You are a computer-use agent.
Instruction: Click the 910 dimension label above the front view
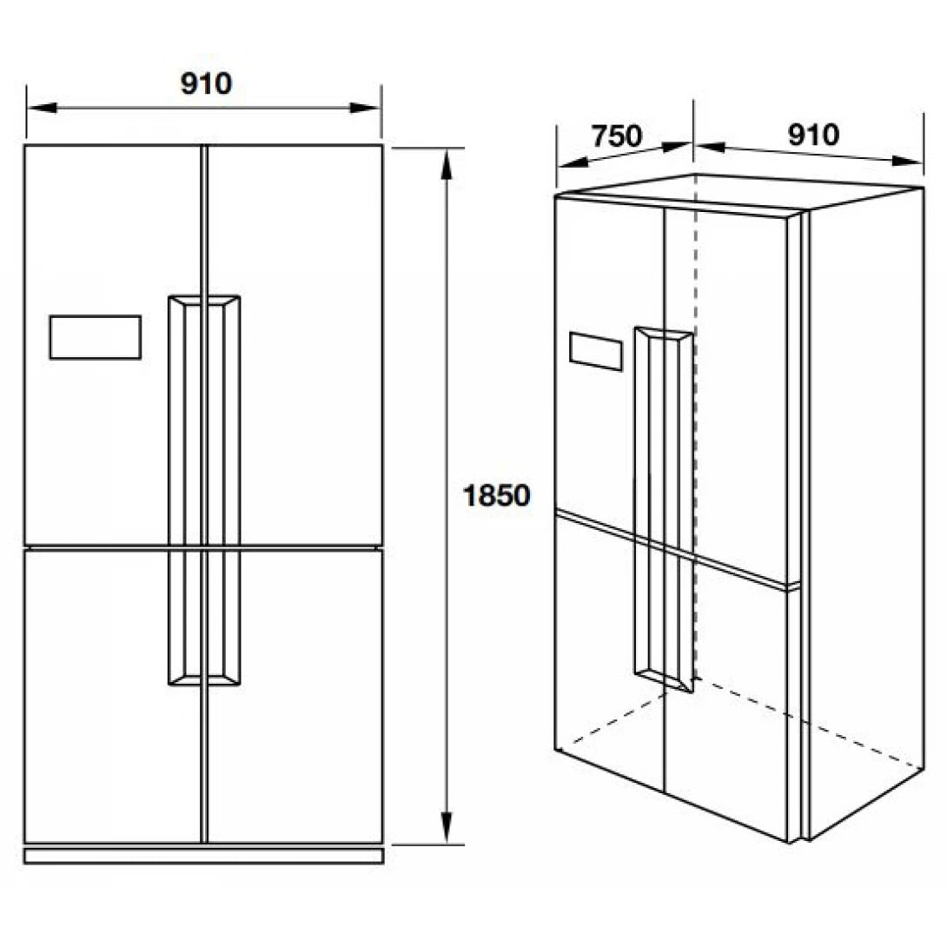(x=206, y=83)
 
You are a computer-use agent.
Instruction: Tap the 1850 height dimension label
(x=496, y=496)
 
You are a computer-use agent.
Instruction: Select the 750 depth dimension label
(x=616, y=136)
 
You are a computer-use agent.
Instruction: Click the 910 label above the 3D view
(x=813, y=135)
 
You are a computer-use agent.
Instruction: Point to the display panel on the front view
(x=95, y=337)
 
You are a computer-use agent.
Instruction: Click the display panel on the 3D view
(x=596, y=350)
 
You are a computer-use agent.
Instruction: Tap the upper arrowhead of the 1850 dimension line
(x=447, y=161)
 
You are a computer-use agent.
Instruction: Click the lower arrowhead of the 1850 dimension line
(x=447, y=829)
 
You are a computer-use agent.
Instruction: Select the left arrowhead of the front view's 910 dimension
(x=39, y=108)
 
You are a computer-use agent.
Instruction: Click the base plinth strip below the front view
(x=203, y=856)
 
